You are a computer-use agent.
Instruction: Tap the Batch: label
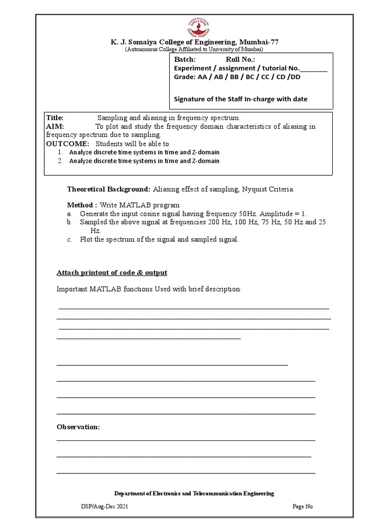point(185,60)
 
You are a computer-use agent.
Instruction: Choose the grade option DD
point(295,77)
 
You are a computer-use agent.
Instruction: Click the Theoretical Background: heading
point(109,189)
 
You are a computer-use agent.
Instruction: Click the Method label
point(82,205)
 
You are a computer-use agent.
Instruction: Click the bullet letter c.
point(69,239)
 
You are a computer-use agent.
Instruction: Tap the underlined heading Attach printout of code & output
point(111,273)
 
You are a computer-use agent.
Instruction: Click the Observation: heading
point(78,427)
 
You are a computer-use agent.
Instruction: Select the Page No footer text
point(303,506)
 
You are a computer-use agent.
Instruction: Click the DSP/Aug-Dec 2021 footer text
point(101,506)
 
